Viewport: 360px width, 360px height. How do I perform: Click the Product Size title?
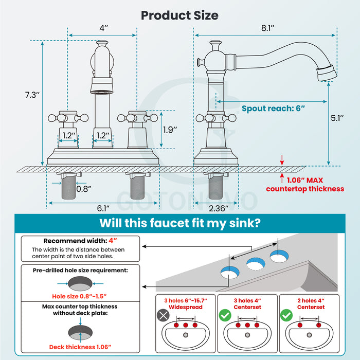tap(179, 15)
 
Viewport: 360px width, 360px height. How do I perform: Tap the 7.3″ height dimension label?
tap(32, 95)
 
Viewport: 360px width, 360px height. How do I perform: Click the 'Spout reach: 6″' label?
tap(274, 109)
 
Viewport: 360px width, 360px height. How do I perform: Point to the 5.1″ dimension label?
tap(338, 117)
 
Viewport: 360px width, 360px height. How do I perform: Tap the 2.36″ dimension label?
tap(219, 208)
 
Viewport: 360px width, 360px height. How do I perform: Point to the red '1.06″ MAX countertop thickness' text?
tap(304, 185)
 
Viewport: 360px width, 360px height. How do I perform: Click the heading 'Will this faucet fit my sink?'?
tap(179, 223)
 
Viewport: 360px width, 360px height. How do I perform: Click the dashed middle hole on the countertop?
tap(254, 264)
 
